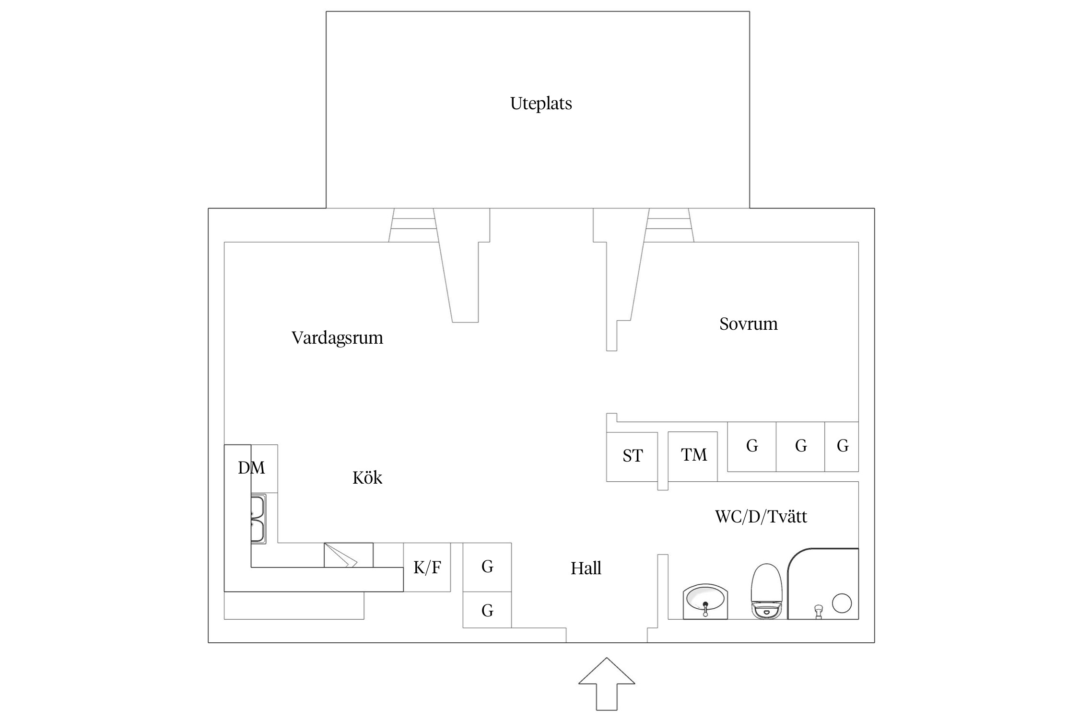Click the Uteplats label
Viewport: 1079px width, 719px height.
pyautogui.click(x=540, y=104)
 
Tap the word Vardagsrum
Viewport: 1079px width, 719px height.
pyautogui.click(x=337, y=338)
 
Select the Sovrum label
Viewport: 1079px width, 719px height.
pyautogui.click(x=748, y=324)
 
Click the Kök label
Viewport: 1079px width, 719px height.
pyautogui.click(x=367, y=478)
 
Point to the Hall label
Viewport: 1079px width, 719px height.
pyautogui.click(x=586, y=568)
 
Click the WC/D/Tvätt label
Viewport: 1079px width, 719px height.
pyautogui.click(x=761, y=517)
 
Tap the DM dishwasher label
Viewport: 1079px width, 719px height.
pyautogui.click(x=251, y=468)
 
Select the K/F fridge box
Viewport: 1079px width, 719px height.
pyautogui.click(x=427, y=568)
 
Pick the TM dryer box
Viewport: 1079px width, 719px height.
pyautogui.click(x=693, y=455)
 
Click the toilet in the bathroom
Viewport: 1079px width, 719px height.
pyautogui.click(x=766, y=591)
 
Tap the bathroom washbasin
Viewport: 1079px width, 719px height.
pyautogui.click(x=705, y=601)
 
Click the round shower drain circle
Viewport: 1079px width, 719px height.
pyautogui.click(x=842, y=603)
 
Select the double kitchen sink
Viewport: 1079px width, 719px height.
pyautogui.click(x=258, y=519)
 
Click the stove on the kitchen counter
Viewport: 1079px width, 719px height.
pyautogui.click(x=348, y=555)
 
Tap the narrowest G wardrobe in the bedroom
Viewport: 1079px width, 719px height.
pyautogui.click(x=842, y=446)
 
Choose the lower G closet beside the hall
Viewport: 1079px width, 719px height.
pyautogui.click(x=487, y=610)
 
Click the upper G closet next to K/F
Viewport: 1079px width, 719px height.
pyautogui.click(x=487, y=567)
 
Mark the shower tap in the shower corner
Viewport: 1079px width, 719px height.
pyautogui.click(x=819, y=611)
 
